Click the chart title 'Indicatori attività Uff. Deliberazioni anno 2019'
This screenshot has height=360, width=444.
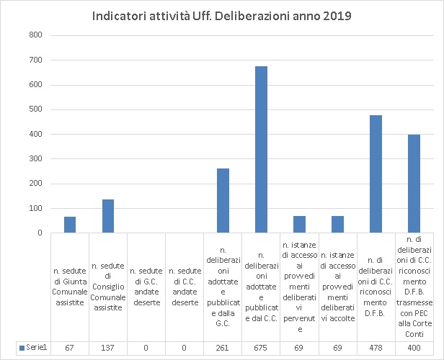coord(222,16)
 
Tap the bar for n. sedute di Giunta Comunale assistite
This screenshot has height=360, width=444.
coord(70,225)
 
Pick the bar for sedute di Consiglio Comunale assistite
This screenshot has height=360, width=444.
coord(108,216)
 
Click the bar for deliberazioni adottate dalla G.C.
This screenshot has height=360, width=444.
coord(223,201)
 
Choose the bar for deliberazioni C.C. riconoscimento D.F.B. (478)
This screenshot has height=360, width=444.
coord(376,174)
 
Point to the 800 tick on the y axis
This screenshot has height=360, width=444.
coord(35,35)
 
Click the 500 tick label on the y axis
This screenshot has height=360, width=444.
coord(35,109)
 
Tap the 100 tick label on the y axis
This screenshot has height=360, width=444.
coord(35,209)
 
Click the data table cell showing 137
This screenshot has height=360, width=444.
coord(108,348)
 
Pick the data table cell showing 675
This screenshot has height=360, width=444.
coord(261,348)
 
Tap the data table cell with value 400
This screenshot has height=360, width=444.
coord(414,348)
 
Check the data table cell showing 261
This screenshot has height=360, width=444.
coord(223,348)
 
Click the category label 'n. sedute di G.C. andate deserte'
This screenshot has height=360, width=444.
coord(146,287)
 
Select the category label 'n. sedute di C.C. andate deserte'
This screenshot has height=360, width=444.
coord(185,287)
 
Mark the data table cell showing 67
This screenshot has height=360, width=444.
coord(70,348)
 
